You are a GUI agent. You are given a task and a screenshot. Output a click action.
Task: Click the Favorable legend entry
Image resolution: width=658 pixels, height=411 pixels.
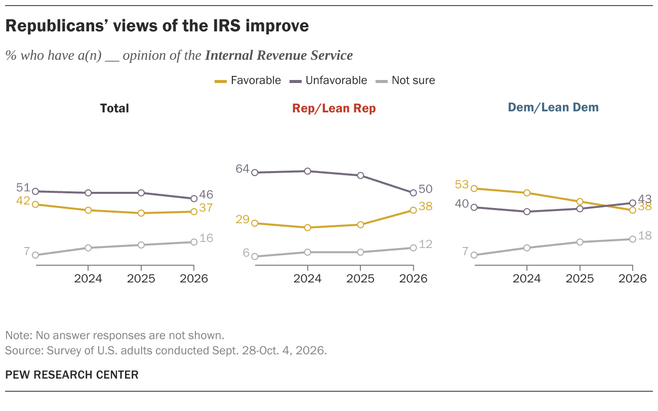[x=248, y=80]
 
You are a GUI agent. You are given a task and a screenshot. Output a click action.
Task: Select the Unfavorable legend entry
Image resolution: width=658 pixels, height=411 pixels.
[x=328, y=80]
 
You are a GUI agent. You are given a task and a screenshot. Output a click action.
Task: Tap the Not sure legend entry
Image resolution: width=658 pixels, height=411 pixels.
[x=405, y=80]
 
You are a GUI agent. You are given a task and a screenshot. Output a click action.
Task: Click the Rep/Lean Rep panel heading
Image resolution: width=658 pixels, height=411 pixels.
[x=334, y=108]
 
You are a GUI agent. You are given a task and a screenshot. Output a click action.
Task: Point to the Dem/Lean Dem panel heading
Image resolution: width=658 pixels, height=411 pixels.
[x=553, y=107]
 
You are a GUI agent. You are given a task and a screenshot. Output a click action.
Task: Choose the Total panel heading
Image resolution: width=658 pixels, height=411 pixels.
[x=114, y=108]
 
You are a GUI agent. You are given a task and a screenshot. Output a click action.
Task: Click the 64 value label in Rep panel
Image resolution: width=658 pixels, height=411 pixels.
[x=242, y=169]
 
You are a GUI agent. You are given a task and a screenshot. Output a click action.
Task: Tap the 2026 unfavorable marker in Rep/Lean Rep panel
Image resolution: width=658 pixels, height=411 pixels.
[x=414, y=193]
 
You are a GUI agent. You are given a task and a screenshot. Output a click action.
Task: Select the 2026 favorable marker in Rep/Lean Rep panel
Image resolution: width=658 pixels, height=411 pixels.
[x=414, y=210]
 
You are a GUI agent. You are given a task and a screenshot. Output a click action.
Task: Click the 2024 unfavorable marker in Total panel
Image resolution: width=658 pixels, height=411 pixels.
[x=88, y=193]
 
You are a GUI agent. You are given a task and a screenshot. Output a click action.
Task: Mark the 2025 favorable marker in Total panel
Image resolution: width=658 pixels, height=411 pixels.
[x=141, y=213]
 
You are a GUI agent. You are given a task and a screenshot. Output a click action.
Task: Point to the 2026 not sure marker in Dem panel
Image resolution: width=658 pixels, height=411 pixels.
[x=633, y=239]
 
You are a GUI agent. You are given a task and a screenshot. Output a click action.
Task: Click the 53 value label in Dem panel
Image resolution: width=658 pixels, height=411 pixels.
[x=462, y=185]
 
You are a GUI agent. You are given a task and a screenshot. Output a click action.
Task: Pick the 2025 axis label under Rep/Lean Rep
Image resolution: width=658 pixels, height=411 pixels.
[x=360, y=278]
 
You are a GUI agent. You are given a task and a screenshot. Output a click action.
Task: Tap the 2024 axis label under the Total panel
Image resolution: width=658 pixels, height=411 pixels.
[x=88, y=278]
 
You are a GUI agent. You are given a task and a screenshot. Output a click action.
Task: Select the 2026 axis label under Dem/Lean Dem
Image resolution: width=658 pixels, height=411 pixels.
[x=633, y=278]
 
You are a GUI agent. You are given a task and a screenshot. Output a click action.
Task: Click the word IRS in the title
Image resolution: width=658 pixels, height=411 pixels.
[x=227, y=25]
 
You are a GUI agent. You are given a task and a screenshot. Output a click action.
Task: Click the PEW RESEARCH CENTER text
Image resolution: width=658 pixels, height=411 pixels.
[x=72, y=375]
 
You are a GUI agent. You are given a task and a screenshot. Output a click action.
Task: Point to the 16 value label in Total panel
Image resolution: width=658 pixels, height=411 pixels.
[x=206, y=238]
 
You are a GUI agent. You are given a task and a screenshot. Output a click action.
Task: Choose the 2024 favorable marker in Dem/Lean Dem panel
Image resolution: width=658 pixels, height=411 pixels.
[x=527, y=193]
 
